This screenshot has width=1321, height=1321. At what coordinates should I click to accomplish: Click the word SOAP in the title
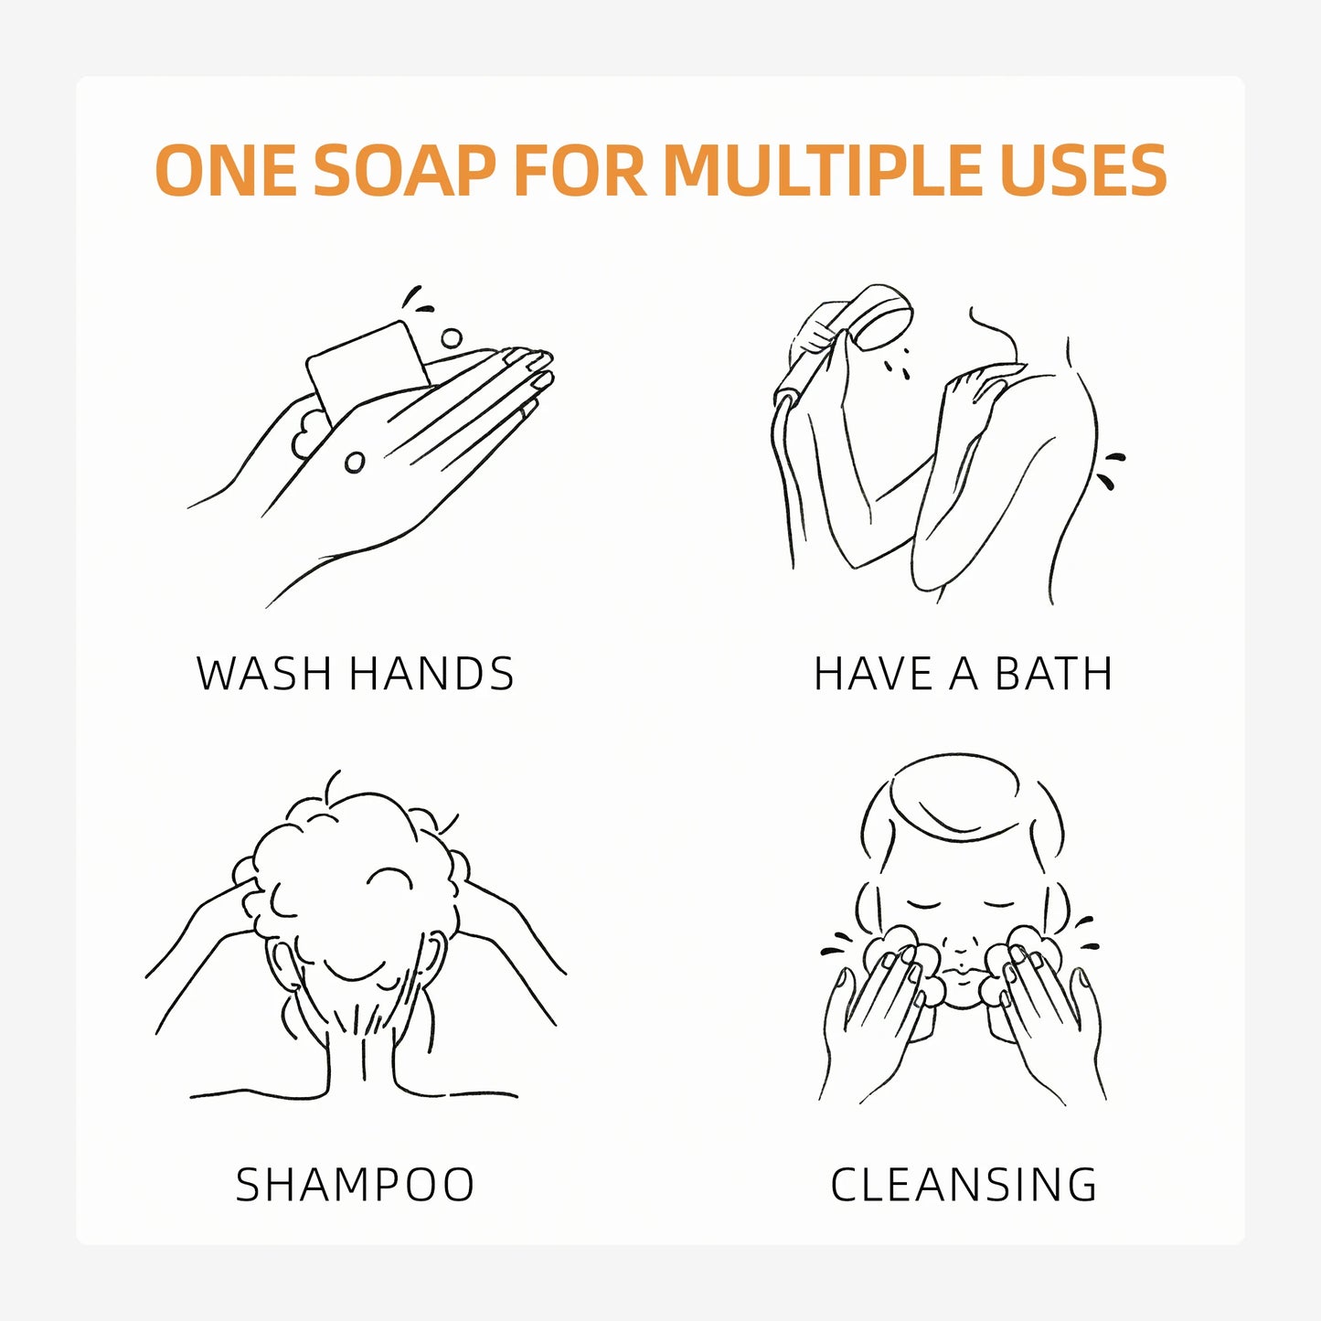coord(404,170)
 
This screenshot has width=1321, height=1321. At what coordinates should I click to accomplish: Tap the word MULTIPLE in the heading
coord(822,170)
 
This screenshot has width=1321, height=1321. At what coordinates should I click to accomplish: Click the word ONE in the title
coord(226,170)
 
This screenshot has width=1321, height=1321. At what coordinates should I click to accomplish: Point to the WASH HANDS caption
coord(355,673)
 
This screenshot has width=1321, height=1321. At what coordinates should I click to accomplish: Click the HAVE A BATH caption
coord(963,673)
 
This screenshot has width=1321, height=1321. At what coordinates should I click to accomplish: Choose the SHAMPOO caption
coord(355,1184)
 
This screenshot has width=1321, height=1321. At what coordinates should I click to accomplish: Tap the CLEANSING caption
coord(964,1184)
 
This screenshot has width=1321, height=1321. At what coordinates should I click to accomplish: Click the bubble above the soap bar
coord(451,338)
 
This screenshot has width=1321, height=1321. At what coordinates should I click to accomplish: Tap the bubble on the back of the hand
coord(355,463)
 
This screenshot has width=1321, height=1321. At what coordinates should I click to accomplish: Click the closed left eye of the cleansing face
coord(923,906)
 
